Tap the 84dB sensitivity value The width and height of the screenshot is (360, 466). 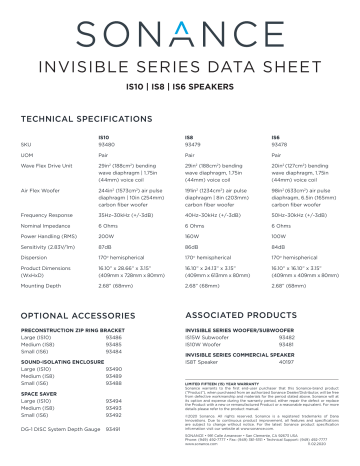coord(279,246)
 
